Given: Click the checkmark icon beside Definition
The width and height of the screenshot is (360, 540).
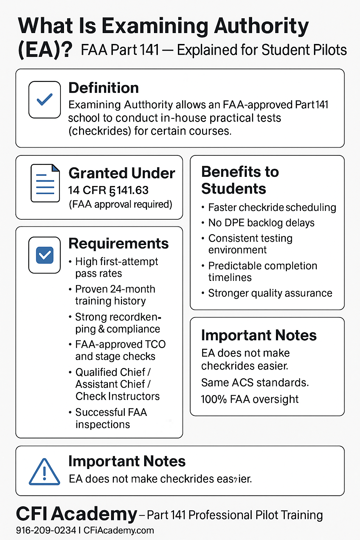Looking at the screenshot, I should tap(45, 99).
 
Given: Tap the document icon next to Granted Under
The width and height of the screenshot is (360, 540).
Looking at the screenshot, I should tap(45, 183).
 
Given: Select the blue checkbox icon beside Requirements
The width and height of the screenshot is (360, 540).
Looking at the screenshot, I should tap(45, 255).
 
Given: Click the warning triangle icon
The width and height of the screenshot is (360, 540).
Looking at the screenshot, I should tap(44, 472).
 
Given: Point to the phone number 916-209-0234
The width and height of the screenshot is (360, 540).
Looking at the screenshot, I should tap(46, 530).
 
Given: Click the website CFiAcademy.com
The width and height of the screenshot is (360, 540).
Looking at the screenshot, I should tap(119, 530).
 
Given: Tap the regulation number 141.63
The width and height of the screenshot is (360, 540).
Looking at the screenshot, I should tap(133, 190).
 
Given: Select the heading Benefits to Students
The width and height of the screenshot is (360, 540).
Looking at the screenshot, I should tap(240, 180).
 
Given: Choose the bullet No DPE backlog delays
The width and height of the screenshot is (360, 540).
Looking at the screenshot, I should tap(261, 223).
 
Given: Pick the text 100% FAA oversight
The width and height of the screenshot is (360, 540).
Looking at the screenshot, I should tap(250, 399).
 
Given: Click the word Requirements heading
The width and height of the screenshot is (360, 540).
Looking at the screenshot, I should tap(118, 243).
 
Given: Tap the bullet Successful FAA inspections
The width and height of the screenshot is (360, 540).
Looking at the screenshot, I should tap(111, 418).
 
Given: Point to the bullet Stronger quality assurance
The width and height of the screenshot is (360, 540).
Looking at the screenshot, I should tap(270, 293).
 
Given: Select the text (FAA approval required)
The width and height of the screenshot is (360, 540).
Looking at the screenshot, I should tap(120, 204).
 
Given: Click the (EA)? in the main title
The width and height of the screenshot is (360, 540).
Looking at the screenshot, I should tap(45, 50).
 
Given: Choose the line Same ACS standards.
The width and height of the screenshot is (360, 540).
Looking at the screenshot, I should tap(255, 382).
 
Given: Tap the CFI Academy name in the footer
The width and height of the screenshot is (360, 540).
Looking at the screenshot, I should tap(76, 514).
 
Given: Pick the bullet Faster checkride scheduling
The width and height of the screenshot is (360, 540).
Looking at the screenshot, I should tap(272, 207).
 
